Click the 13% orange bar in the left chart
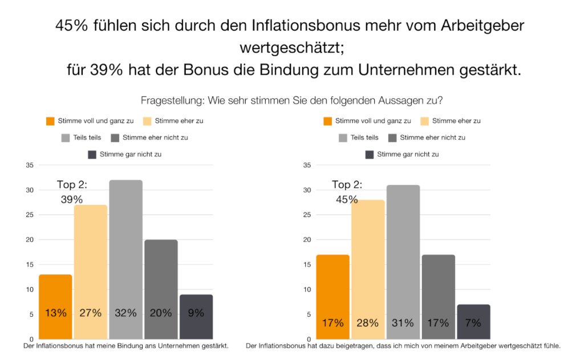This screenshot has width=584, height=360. tap(56, 306)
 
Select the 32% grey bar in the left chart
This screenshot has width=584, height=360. tap(126, 260)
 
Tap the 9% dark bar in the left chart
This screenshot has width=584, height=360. tap(196, 317)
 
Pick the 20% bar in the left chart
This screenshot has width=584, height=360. tap(161, 289)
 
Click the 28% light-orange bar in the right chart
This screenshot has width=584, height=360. tap(368, 269)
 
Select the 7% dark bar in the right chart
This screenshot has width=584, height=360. tap(473, 322)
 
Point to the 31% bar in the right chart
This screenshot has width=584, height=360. tap(403, 262)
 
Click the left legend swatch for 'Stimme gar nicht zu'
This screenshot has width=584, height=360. tap(92, 154)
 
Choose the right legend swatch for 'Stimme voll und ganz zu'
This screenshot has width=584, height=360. tap(327, 121)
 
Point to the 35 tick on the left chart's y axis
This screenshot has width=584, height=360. tap(30, 165)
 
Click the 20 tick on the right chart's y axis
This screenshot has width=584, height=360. tap(307, 240)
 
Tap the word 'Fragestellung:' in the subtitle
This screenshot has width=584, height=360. tap(173, 100)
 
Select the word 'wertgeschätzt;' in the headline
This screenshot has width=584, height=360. tap(291, 48)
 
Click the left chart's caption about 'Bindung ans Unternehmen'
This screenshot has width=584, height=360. tap(126, 346)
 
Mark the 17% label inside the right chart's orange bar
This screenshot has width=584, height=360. tap(332, 323)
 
